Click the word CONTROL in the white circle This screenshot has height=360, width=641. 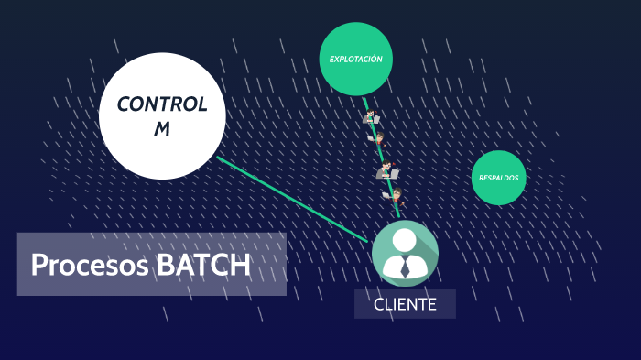(x=162, y=104)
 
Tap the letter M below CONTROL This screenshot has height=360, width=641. (x=162, y=129)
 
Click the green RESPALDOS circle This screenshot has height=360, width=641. (x=499, y=178)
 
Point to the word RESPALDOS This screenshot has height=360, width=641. (x=499, y=178)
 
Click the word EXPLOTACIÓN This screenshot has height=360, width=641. (x=356, y=60)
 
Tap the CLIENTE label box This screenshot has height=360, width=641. (x=405, y=304)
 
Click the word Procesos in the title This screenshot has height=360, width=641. (x=90, y=265)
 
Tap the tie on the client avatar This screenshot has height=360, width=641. (x=405, y=268)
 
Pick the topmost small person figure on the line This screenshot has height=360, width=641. (x=371, y=116)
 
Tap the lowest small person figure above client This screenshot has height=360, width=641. (x=394, y=195)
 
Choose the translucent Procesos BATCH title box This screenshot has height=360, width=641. (x=152, y=265)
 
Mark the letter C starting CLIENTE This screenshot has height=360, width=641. (x=379, y=304)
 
